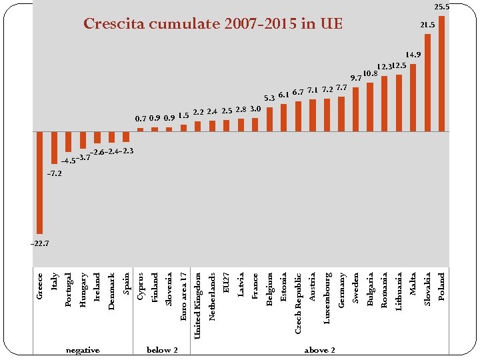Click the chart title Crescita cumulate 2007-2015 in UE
point(213,25)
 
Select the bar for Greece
point(40,181)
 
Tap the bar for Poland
point(442,73)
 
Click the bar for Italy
point(54,147)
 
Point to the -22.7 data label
point(40,243)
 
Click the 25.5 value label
point(441,7)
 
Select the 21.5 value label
point(427,25)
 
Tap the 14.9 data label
point(413,55)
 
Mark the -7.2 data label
point(54,173)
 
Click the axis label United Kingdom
point(198,305)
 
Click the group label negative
point(83,350)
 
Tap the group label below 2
point(162,350)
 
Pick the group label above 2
point(319,350)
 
